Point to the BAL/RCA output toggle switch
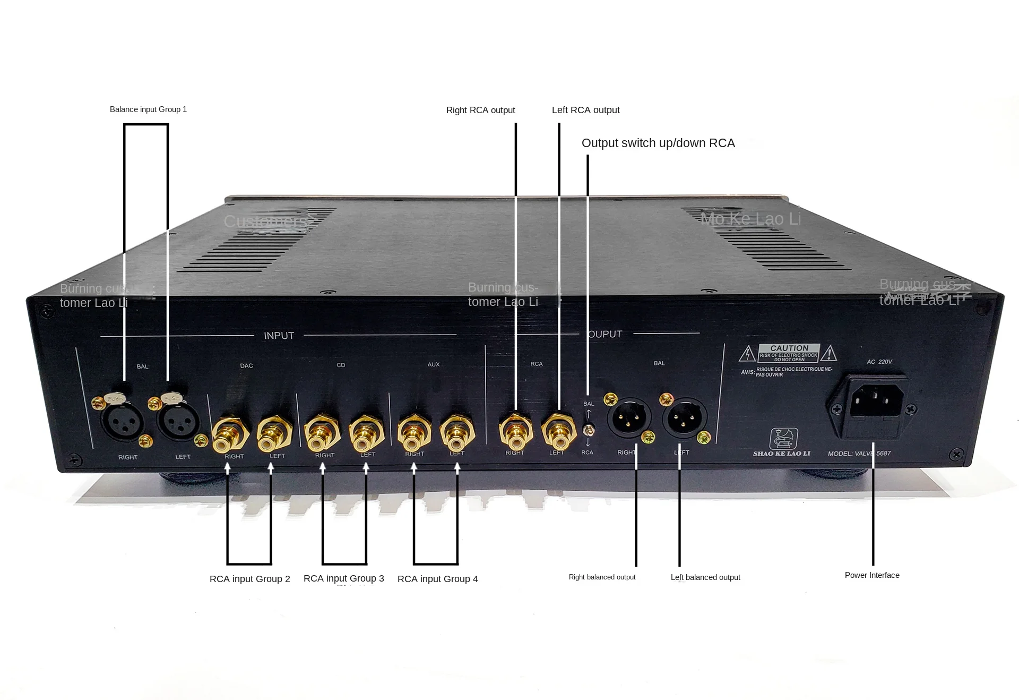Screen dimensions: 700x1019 coord(588,429)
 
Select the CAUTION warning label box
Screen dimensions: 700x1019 coord(789,353)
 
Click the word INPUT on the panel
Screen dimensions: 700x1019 coord(279,336)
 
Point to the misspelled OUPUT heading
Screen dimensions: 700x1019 coord(605,334)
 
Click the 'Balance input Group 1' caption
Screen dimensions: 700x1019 coord(148,109)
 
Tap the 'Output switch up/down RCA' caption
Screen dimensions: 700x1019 coord(658,143)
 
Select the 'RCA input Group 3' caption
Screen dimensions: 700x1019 coord(343,578)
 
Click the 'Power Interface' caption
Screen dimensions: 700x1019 coord(872,575)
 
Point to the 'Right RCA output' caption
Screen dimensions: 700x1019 coord(480,110)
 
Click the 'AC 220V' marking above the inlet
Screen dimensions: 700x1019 coord(879,362)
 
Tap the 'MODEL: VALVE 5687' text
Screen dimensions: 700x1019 coord(859,454)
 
